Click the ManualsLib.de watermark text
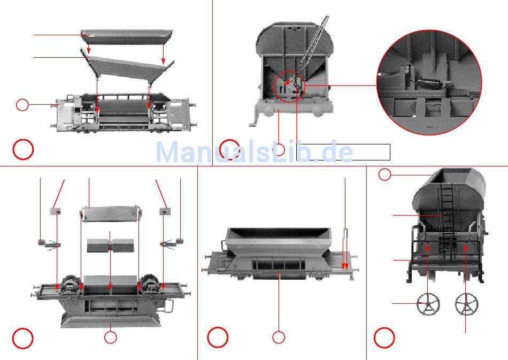pyautogui.click(x=255, y=152)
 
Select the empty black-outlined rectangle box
pyautogui.click(x=343, y=152)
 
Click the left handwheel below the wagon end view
pyautogui.click(x=428, y=304)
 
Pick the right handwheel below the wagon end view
pyautogui.click(x=466, y=304)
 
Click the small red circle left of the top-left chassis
pyautogui.click(x=22, y=105)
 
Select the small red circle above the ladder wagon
pyautogui.click(x=384, y=175)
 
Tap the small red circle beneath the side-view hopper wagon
pyautogui.click(x=278, y=338)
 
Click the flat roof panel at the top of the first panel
pyautogui.click(x=127, y=37)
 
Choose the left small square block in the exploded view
pyautogui.click(x=56, y=212)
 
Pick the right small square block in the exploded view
pyautogui.click(x=165, y=212)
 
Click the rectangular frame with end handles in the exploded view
pyautogui.click(x=111, y=214)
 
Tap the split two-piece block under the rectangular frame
pyautogui.click(x=110, y=246)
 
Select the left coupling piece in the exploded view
pyautogui.click(x=49, y=244)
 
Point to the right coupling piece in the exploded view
pyautogui.click(x=172, y=244)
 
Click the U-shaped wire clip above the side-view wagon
pyautogui.click(x=345, y=234)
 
